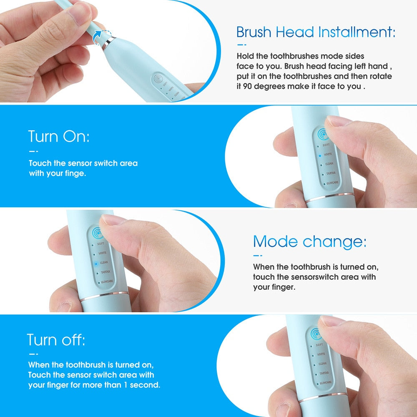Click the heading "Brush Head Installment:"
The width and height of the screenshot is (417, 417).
[x=316, y=32]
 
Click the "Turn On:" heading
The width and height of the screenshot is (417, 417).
[x=59, y=136]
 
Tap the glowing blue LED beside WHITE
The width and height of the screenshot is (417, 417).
[x=319, y=155]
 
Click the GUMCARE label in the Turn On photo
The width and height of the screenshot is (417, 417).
[x=332, y=183]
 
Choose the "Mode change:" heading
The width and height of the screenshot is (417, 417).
[x=310, y=241]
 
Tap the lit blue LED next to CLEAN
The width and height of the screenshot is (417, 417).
[x=95, y=264]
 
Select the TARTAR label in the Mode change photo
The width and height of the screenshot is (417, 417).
[x=105, y=272]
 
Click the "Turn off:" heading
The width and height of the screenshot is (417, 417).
[x=56, y=340]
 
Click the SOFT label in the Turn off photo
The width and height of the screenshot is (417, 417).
[x=319, y=345]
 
